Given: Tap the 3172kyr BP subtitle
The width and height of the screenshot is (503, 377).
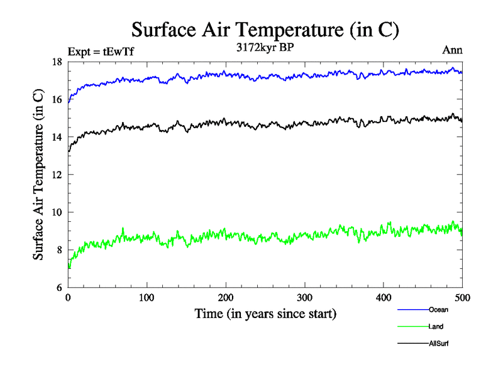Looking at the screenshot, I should tap(264, 48).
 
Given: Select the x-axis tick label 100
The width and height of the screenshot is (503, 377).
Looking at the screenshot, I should tap(146, 298).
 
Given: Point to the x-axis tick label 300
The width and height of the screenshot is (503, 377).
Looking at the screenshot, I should tap(304, 298).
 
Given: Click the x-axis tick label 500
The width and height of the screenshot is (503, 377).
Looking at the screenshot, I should tap(462, 298).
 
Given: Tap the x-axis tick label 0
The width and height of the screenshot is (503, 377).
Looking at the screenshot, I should tap(68, 298).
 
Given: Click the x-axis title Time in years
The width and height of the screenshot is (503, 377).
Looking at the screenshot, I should tap(265, 314).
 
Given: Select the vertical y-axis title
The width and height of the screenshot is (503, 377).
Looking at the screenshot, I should tap(39, 175).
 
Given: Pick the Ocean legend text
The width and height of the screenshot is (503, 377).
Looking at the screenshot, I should tap(438, 310).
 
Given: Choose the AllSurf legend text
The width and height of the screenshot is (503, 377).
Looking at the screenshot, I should tap(439, 344).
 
